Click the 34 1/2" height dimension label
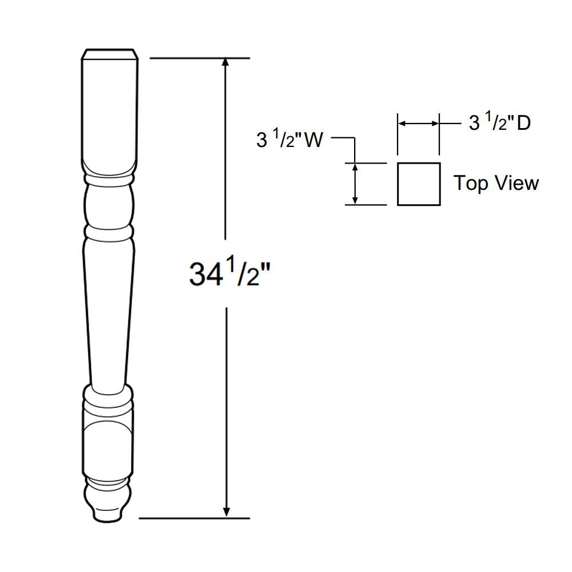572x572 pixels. tap(229, 273)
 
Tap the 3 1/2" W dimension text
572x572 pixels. tap(289, 140)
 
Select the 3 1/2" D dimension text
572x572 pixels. tap(499, 122)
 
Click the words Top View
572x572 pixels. tap(496, 183)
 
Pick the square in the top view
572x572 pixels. tap(419, 184)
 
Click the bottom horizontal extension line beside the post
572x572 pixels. tap(194, 518)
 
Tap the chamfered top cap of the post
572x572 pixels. tap(110, 53)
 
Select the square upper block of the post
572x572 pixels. tap(110, 109)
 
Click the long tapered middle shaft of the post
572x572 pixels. tap(109, 309)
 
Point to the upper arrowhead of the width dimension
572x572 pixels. tap(355, 167)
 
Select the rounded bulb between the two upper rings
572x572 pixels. tap(109, 206)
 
